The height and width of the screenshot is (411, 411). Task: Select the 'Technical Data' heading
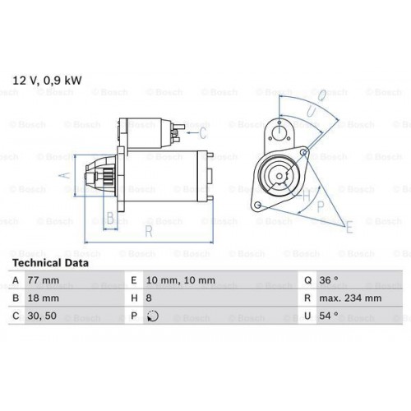click(x=48, y=263)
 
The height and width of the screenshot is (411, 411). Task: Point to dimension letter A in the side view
click(x=70, y=174)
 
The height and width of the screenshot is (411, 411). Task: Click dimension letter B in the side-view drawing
click(x=110, y=219)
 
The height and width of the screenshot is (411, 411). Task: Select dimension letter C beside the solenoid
click(x=202, y=131)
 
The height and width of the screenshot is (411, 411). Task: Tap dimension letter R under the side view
click(x=149, y=232)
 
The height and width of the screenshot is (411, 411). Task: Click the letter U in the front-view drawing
click(x=311, y=109)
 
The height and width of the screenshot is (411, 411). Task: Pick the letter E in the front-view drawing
click(x=350, y=225)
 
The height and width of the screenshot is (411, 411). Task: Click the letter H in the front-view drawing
click(x=305, y=196)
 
